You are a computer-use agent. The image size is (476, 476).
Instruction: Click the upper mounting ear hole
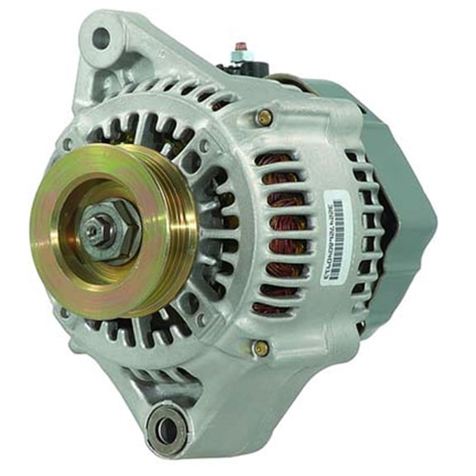100,37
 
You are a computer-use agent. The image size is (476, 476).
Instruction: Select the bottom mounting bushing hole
166,430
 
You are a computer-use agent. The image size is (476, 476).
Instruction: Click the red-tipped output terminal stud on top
241,48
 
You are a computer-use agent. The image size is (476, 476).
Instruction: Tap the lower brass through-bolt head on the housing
260,347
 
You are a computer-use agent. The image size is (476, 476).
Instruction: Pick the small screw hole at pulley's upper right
203,146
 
